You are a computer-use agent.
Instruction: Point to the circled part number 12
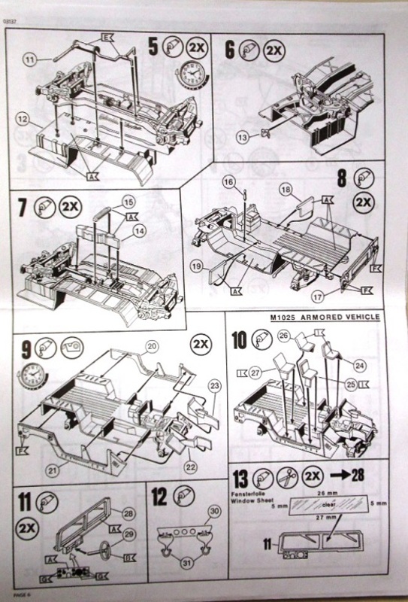tap(24, 120)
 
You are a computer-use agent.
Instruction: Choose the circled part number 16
tap(228, 182)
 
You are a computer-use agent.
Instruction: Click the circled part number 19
tap(196, 266)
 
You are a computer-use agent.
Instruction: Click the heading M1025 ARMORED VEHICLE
tap(324, 317)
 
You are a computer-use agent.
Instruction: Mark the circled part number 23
tap(214, 386)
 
